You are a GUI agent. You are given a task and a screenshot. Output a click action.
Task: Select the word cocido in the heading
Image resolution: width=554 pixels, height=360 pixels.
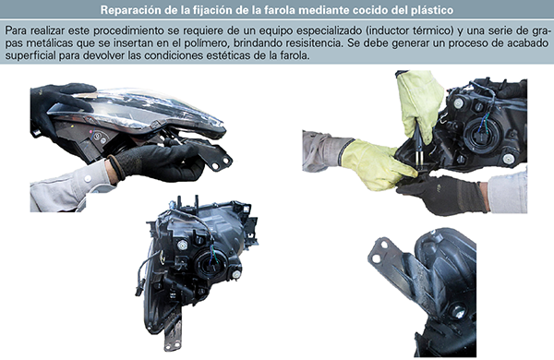[365, 10]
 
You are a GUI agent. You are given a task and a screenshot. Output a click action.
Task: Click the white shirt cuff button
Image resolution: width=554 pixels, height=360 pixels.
[88, 179]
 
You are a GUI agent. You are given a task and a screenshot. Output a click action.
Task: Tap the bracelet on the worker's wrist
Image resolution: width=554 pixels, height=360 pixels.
[115, 168]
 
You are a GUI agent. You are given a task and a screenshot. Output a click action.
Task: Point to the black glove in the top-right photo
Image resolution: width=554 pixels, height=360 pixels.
[441, 194]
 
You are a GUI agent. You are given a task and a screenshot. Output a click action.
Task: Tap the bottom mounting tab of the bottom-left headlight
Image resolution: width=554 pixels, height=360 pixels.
[174, 333]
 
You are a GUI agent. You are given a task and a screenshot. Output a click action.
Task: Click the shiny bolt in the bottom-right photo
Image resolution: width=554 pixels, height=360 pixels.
[458, 312]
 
